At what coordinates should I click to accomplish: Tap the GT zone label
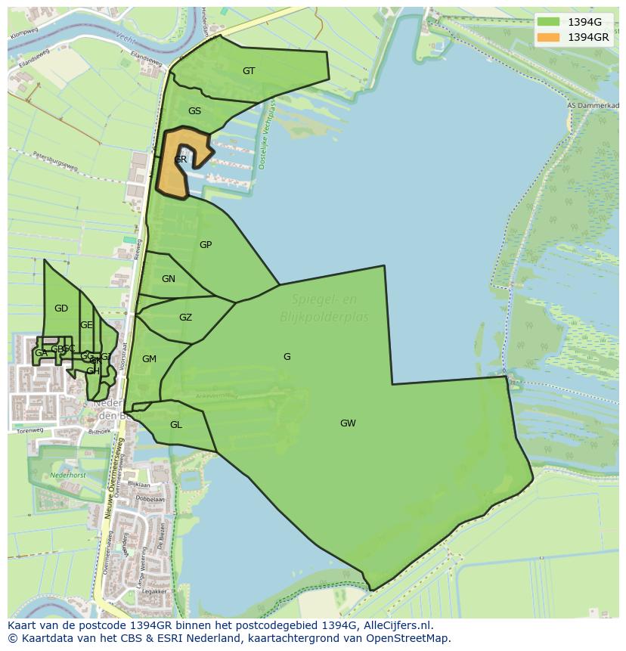249,71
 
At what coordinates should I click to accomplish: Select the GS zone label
194,111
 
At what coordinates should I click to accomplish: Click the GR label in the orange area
180,160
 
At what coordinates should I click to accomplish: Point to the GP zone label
206,245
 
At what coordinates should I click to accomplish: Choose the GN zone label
169,279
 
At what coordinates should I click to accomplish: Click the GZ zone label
185,318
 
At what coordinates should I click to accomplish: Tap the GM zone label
149,359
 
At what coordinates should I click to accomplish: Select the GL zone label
176,425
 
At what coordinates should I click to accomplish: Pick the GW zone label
348,423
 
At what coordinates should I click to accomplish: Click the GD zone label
61,308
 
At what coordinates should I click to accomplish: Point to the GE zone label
86,325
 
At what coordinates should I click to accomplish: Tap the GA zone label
41,353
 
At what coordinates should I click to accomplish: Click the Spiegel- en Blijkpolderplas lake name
324,309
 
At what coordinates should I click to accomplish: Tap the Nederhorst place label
68,476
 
